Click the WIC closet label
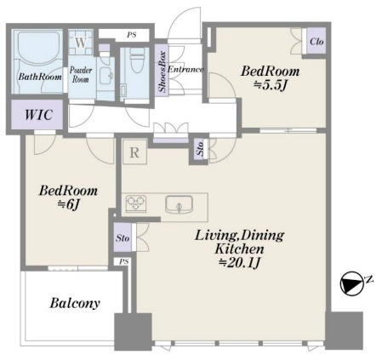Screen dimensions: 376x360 tap(38, 115)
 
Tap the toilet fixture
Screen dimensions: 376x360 tap(137, 60)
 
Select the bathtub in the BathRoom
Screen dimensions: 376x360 tap(39, 46)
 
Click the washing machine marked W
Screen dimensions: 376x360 tap(81, 43)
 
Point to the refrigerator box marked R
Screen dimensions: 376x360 tap(134, 151)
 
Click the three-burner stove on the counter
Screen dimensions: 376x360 tap(135, 203)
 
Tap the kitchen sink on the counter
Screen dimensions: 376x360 tap(179, 204)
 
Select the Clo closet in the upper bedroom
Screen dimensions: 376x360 tap(316, 41)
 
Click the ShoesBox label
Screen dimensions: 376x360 tap(162, 72)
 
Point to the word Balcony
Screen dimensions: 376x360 tap(75, 303)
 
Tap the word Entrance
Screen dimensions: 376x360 tap(185, 69)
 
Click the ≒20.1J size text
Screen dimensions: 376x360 tap(239, 264)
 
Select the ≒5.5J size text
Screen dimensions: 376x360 tap(270, 85)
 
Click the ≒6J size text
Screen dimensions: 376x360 tap(68, 204)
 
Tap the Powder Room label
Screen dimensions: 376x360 tap(81, 74)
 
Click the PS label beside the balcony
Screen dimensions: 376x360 tap(123, 261)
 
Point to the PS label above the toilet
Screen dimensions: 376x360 tap(131, 35)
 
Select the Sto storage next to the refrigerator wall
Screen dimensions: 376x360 tap(200, 149)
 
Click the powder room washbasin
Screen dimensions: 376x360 tap(105, 76)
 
